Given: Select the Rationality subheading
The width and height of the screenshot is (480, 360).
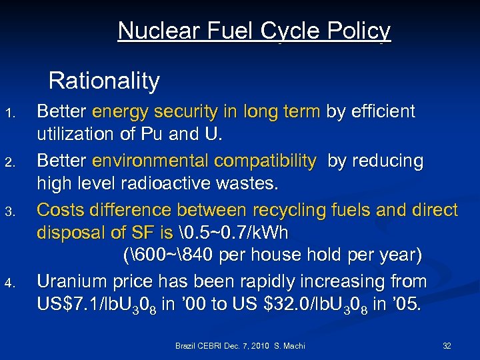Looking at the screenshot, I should (104, 81).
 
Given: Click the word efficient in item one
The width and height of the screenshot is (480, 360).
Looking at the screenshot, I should (381, 111).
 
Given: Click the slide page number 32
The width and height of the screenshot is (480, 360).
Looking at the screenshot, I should (447, 346).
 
